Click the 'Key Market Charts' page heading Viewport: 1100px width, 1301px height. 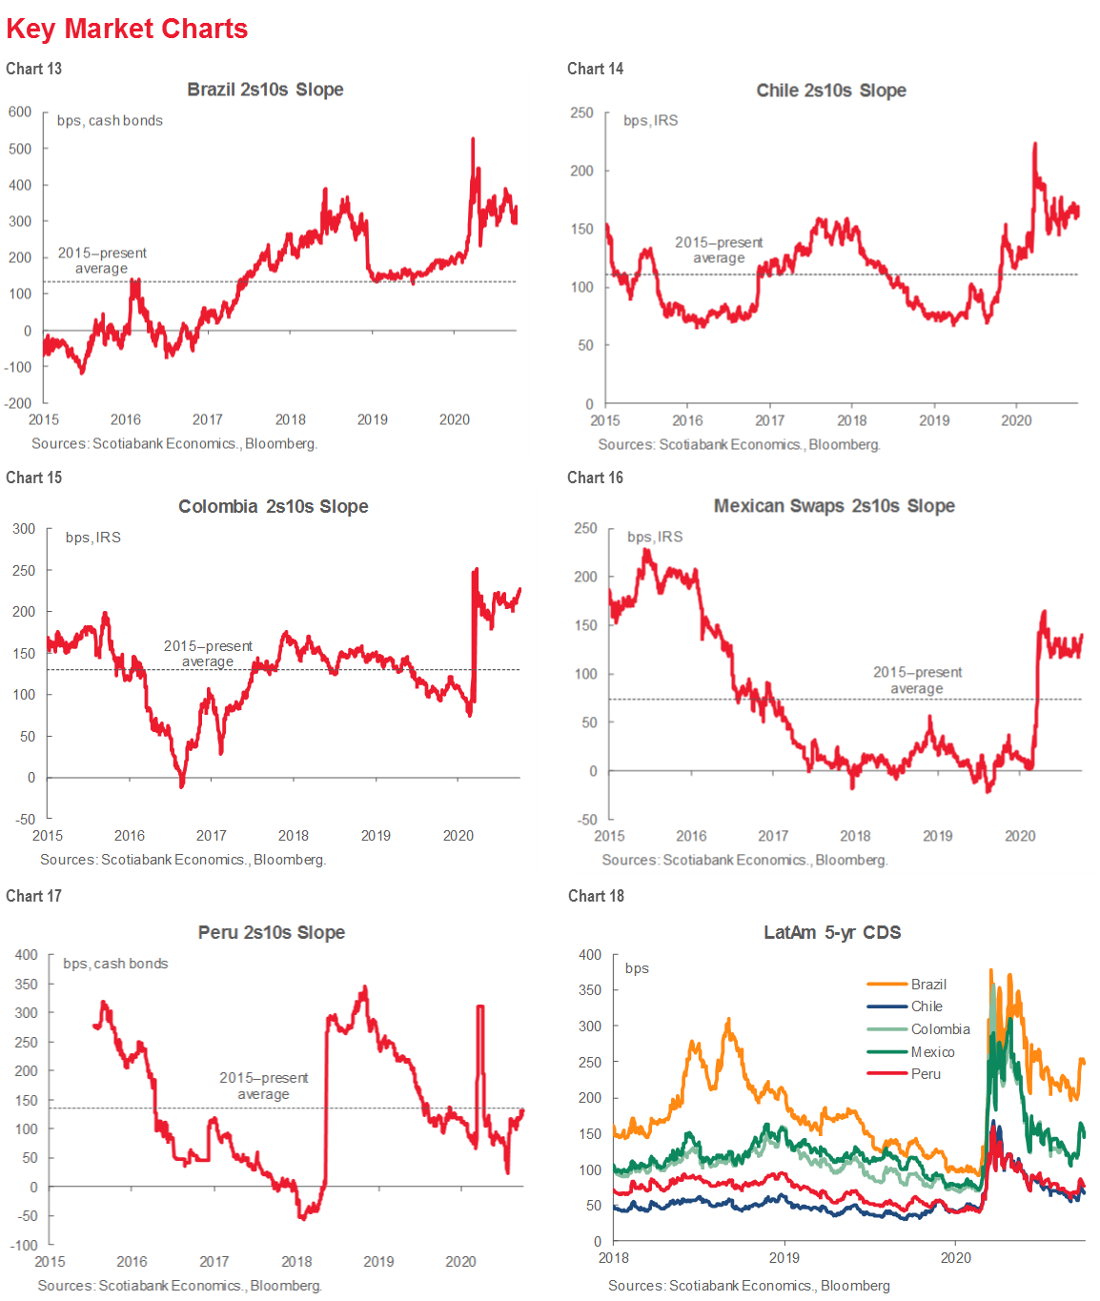127,29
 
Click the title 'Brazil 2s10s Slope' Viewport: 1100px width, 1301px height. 265,90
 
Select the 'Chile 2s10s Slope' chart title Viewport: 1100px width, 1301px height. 831,91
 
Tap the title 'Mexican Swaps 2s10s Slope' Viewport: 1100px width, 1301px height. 834,506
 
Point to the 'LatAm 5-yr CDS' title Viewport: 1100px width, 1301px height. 832,932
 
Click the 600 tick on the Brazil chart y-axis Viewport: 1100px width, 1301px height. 20,112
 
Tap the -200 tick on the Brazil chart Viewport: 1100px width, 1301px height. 18,403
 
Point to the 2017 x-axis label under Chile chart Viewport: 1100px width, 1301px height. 770,420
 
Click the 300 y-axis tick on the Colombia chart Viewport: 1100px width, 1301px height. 24,529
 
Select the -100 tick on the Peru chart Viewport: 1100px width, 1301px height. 24,1245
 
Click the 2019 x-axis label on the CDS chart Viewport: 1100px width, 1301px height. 784,1258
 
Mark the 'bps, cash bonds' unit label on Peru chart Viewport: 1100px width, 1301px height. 115,964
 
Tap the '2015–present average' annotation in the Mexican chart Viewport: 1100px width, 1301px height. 917,681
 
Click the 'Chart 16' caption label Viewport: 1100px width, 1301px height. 595,478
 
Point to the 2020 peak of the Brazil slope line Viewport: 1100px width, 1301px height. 473,139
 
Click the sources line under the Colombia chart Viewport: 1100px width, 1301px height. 183,860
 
